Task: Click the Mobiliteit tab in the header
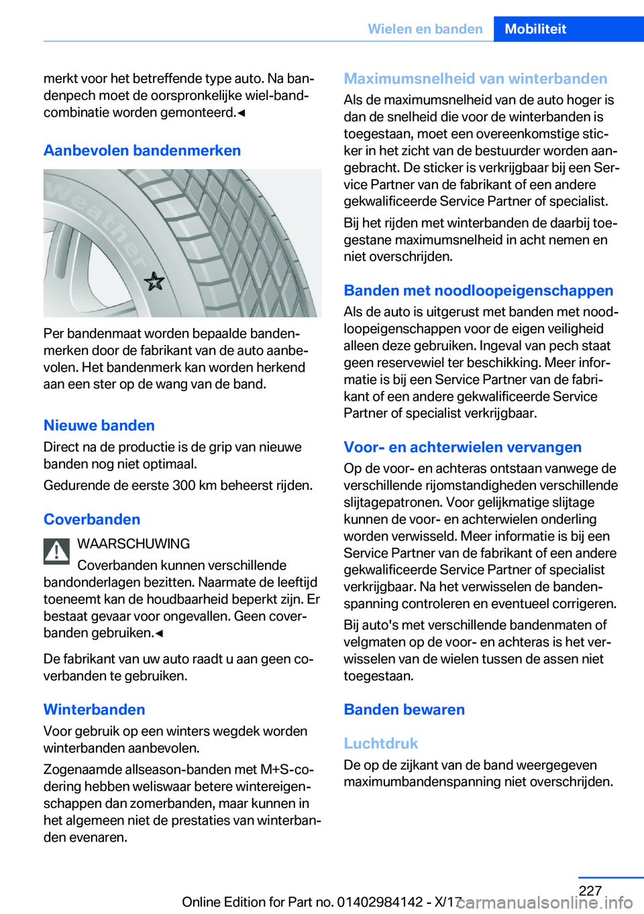[x=535, y=29]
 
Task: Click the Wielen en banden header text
[x=425, y=29]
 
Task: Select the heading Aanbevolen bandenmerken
[x=142, y=150]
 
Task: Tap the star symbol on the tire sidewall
[x=154, y=281]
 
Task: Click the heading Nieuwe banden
[x=99, y=425]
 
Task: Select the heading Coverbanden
[x=92, y=519]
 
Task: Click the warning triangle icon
[x=57, y=552]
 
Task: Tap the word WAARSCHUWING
[x=133, y=544]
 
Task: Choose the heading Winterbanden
[x=95, y=709]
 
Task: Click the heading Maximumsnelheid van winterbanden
[x=475, y=79]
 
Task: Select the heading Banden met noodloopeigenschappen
[x=478, y=291]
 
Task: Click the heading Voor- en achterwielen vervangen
[x=462, y=447]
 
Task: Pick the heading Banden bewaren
[x=404, y=709]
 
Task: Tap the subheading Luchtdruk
[x=380, y=744]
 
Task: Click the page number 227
[x=590, y=891]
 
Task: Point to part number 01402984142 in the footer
[x=380, y=902]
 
